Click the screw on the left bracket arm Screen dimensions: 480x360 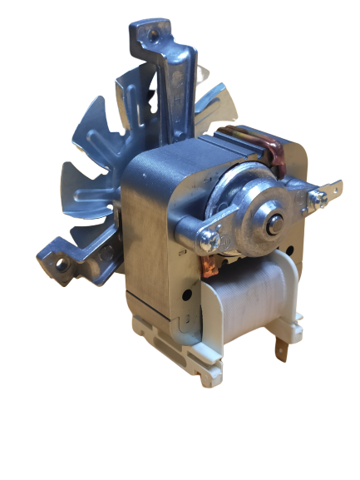(208, 240)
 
